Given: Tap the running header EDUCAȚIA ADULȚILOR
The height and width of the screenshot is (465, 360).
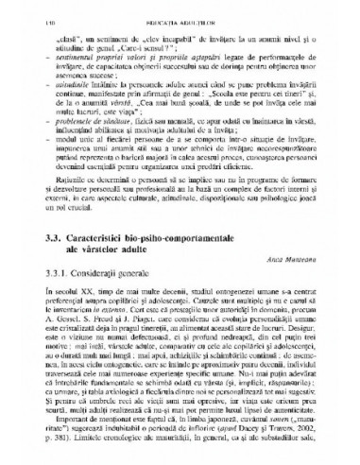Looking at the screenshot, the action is (x=180, y=9).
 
